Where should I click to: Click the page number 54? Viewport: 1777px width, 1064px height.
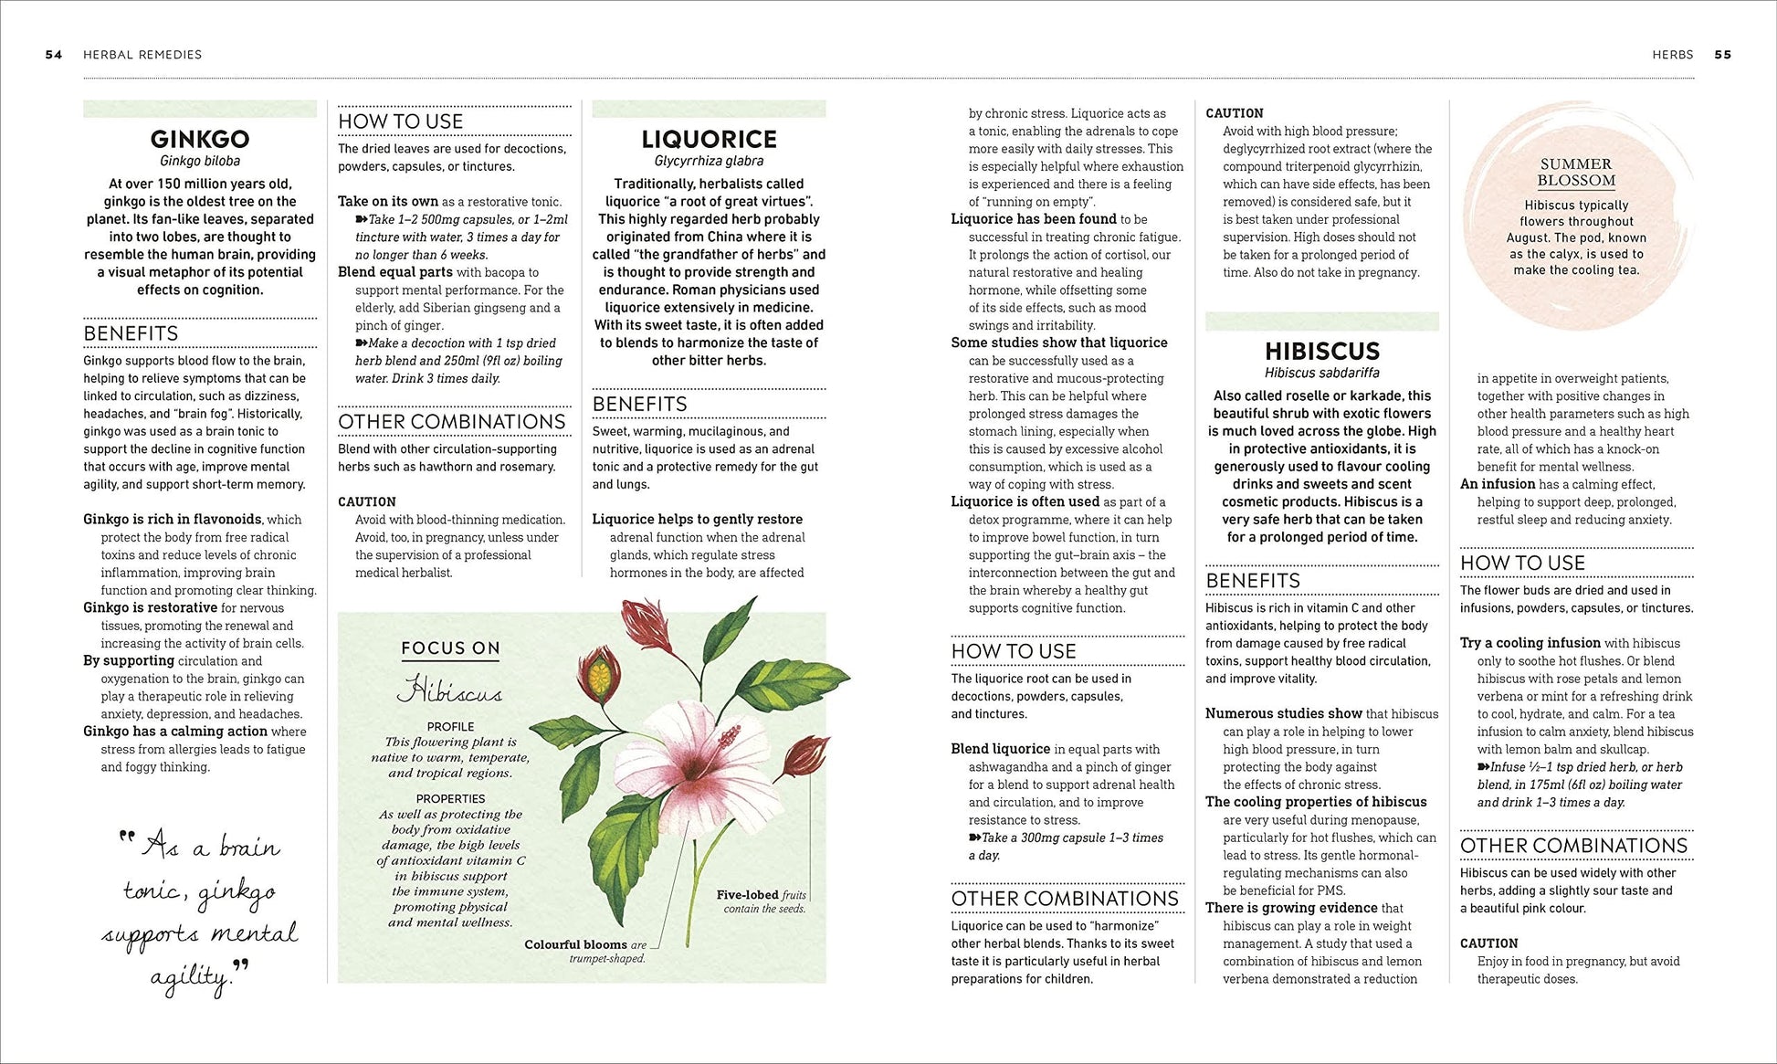[x=54, y=55]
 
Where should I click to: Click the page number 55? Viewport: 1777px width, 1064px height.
[x=1722, y=55]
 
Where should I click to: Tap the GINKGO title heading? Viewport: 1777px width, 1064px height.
[x=200, y=139]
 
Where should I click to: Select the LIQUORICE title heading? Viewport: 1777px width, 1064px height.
[x=709, y=139]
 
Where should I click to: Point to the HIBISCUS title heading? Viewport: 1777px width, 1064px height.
[x=1321, y=352]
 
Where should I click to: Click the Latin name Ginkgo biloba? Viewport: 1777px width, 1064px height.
[x=200, y=162]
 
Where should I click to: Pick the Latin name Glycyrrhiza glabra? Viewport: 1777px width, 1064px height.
[x=709, y=162]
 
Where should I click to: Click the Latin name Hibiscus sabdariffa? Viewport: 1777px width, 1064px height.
[x=1321, y=373]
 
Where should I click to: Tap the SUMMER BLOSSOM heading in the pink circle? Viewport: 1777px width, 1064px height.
[x=1576, y=173]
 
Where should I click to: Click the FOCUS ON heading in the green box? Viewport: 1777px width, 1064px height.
[x=450, y=648]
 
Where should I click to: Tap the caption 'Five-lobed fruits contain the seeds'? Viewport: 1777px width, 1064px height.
[x=762, y=901]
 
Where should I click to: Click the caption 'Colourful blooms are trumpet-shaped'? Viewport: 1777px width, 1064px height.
[x=585, y=951]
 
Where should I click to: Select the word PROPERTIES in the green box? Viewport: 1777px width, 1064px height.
[x=450, y=798]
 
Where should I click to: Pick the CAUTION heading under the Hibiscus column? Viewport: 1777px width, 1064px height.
[x=1488, y=943]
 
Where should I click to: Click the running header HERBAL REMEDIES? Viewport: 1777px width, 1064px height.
[x=142, y=55]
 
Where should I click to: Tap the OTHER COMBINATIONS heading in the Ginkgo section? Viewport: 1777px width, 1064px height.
[x=452, y=422]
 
